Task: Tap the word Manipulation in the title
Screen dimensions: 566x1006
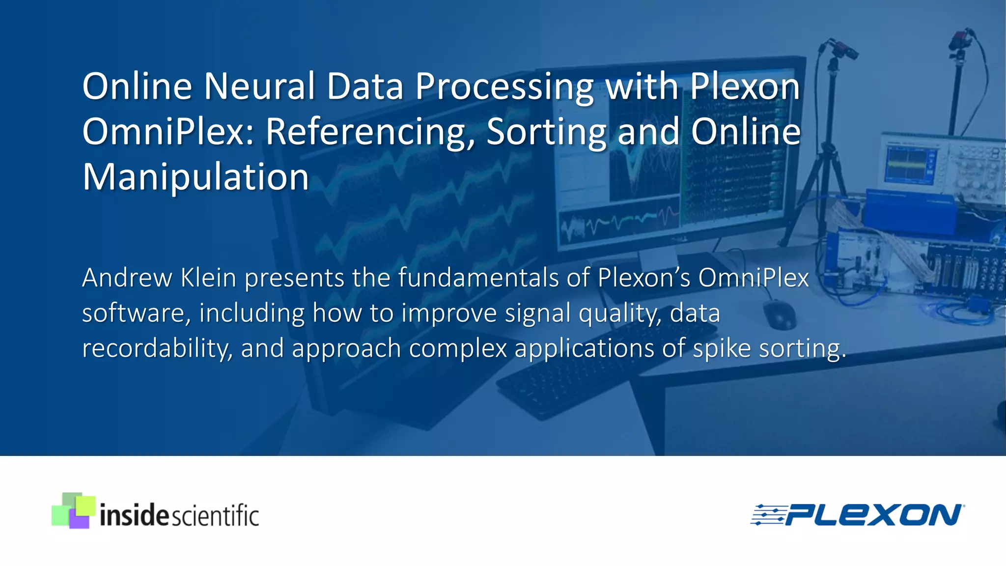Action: [x=196, y=177]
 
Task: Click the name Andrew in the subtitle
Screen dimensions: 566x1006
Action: [x=127, y=278]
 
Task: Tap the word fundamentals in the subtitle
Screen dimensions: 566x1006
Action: [x=478, y=278]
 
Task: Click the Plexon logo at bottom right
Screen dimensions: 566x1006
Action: [x=857, y=515]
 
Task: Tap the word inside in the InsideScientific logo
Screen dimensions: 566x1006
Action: [x=134, y=515]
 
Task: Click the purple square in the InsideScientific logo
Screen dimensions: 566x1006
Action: [x=79, y=519]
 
